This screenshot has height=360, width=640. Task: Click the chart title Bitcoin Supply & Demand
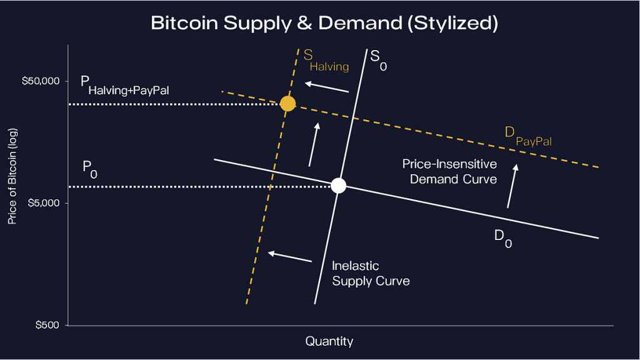click(324, 24)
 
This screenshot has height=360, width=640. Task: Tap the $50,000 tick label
click(41, 81)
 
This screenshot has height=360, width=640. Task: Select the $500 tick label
click(47, 325)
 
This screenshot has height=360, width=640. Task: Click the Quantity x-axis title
click(329, 341)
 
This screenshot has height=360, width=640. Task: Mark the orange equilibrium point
click(287, 104)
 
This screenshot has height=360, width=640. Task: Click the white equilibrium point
click(338, 186)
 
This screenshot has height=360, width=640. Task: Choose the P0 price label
click(90, 169)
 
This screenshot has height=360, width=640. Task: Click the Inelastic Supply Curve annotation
click(371, 274)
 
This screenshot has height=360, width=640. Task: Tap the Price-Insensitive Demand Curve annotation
click(449, 171)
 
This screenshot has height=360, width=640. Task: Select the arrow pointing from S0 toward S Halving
click(326, 87)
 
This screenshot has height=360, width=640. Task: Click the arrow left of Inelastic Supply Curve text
click(289, 256)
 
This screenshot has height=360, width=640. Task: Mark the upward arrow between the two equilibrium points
click(314, 144)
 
